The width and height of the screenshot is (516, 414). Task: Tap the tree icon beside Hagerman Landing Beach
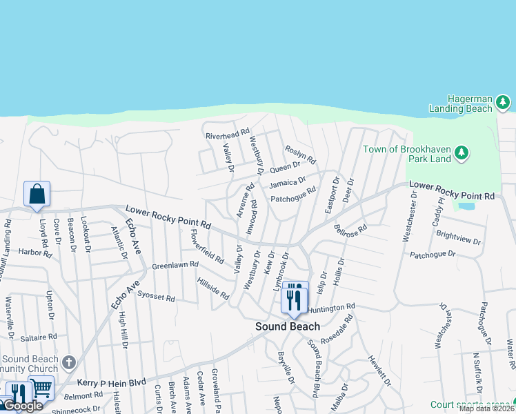pos(503,103)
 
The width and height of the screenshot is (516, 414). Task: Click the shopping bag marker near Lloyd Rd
pos(37,194)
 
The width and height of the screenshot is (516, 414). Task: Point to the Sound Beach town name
pos(288,326)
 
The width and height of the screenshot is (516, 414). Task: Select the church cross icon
pos(68,362)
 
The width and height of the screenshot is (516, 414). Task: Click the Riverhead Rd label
pos(227,135)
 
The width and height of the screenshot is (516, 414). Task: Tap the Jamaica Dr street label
pos(287,183)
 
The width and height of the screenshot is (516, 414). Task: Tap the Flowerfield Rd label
pos(207,246)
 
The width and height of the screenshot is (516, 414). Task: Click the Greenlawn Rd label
pos(175,264)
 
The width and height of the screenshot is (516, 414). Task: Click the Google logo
pos(22,406)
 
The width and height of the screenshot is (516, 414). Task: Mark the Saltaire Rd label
pos(39,337)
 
